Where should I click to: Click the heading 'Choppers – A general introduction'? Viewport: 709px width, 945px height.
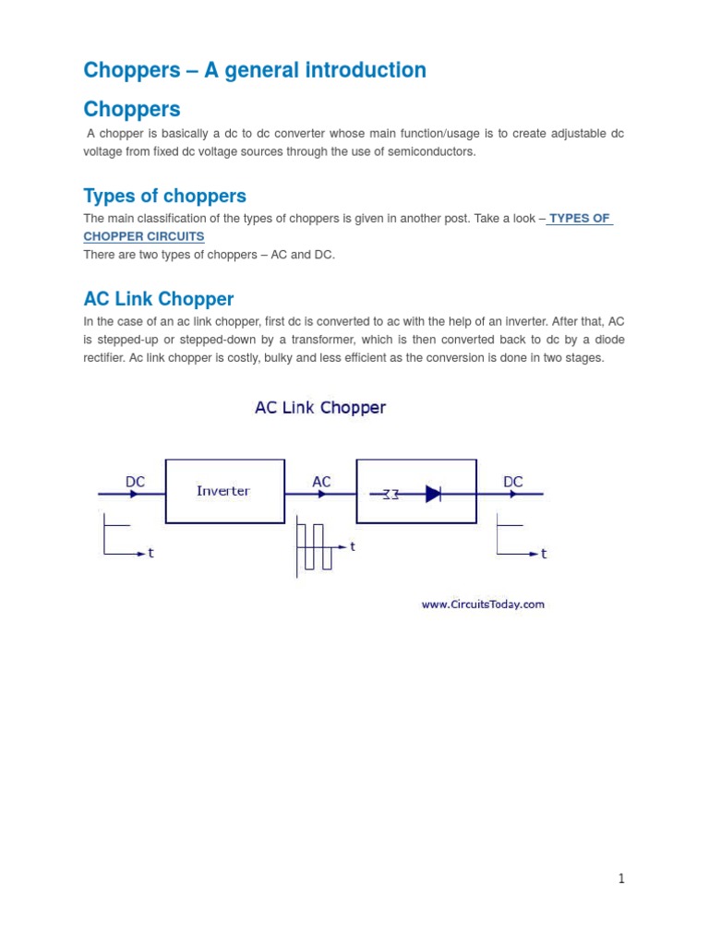[255, 70]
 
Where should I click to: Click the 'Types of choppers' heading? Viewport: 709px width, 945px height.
[164, 196]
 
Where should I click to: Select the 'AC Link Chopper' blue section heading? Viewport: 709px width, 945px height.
[159, 299]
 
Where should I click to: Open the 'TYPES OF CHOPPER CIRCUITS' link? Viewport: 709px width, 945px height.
[579, 219]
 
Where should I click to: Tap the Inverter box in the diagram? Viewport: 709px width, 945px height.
[224, 491]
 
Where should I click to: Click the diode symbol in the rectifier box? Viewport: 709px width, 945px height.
[433, 494]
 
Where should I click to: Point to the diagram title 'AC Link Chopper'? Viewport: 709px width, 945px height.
[320, 407]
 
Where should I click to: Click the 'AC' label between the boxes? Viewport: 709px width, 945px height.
[321, 482]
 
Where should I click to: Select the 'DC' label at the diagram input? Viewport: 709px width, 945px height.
[135, 482]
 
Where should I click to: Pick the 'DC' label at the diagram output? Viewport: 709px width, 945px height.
[513, 482]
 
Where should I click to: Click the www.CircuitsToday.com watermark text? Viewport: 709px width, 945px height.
[483, 604]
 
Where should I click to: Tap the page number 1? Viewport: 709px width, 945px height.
[621, 879]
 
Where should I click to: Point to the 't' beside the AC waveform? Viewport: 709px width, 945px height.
[353, 546]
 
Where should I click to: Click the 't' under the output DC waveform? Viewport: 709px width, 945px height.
[544, 554]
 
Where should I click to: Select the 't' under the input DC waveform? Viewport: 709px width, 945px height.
[150, 554]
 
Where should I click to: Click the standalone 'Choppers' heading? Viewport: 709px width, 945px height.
[132, 109]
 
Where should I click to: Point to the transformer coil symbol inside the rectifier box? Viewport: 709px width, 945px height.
[391, 495]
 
